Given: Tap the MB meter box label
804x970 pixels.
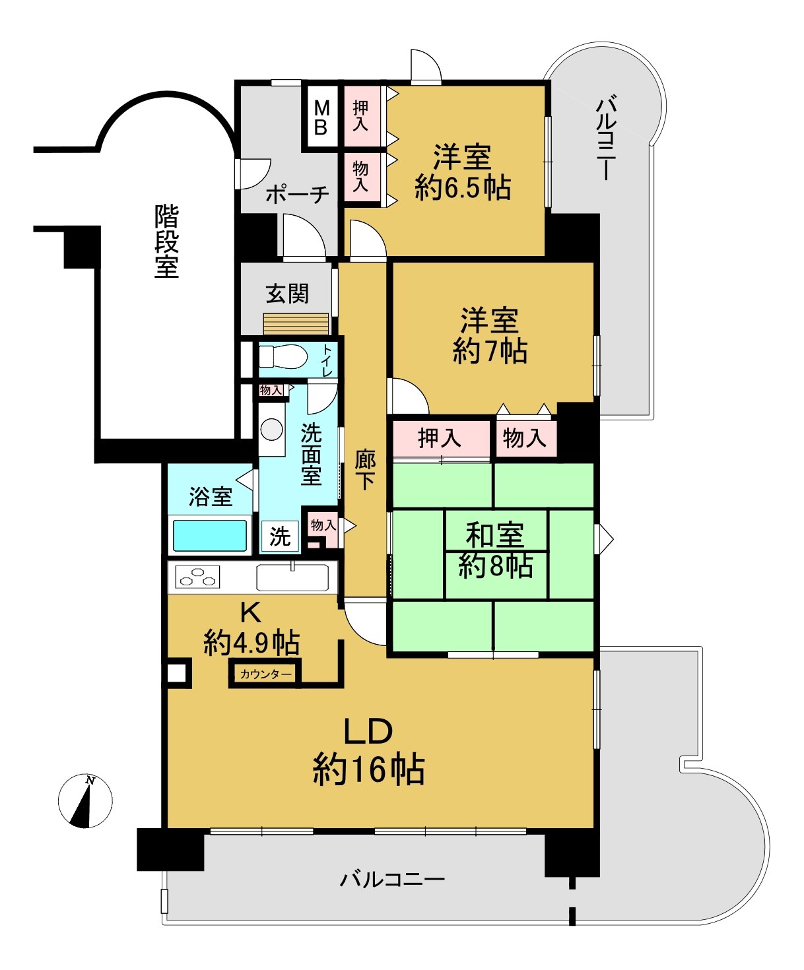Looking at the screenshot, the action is click(x=321, y=118).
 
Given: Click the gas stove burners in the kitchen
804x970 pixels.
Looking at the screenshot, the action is click(x=197, y=577).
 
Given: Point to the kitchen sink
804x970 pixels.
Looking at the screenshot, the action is click(x=292, y=577).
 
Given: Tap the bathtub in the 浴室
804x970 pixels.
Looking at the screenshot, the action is click(x=210, y=535).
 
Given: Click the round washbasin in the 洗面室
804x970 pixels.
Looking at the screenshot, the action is click(x=272, y=430).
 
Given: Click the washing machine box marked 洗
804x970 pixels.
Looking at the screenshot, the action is click(x=280, y=536).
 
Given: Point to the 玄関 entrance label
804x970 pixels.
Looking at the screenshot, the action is click(x=287, y=294).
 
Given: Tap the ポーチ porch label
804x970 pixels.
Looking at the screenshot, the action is click(x=298, y=194).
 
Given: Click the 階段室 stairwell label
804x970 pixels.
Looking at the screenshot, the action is click(x=166, y=241).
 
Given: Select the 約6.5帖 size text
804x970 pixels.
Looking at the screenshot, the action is click(x=463, y=187).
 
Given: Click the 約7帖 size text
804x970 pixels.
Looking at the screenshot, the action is click(x=490, y=350).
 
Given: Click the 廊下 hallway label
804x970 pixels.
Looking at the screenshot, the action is click(x=365, y=470).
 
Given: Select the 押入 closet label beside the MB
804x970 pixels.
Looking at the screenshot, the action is click(x=360, y=115).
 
